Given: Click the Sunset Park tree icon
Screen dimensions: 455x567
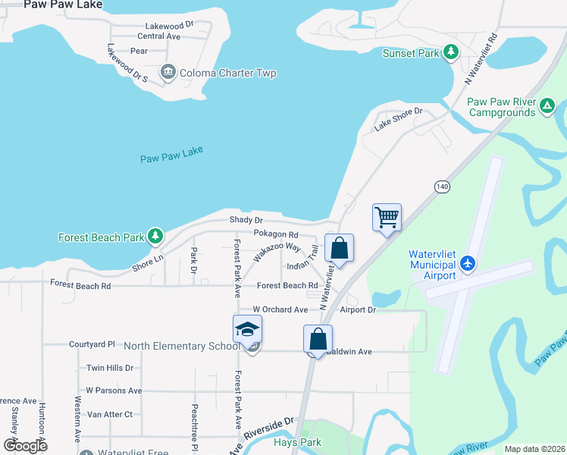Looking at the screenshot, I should (x=452, y=52).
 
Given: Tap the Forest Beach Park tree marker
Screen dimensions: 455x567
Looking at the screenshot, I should (x=155, y=237).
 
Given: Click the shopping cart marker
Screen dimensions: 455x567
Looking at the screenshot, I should (x=387, y=218).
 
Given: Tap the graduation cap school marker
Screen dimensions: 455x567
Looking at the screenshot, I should (x=247, y=330).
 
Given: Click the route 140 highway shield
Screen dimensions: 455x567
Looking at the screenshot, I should (x=442, y=186).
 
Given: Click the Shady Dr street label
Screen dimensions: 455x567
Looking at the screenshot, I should (x=246, y=220).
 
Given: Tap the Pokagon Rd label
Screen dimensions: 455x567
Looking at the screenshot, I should (x=276, y=234).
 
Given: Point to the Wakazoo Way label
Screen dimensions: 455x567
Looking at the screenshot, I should (x=277, y=253).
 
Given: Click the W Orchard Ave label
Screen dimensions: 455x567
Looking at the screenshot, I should (x=280, y=309).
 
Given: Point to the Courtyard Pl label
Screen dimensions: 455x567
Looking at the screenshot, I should (x=92, y=344).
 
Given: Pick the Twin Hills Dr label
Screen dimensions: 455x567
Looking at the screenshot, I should (x=109, y=368).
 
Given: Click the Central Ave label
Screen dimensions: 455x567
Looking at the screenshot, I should (x=159, y=36).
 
